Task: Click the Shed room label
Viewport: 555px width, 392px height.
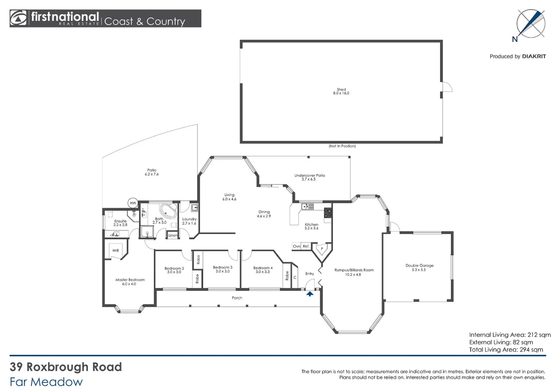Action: (341, 89)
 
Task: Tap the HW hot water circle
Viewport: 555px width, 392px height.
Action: (133, 203)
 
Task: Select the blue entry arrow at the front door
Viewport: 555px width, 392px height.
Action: (310, 294)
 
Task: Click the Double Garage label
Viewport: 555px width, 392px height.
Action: (419, 266)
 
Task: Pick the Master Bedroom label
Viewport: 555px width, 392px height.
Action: (130, 280)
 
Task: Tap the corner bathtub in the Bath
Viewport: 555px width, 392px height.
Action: (168, 210)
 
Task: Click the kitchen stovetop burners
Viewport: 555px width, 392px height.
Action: (328, 212)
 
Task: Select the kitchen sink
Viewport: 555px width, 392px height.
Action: (307, 207)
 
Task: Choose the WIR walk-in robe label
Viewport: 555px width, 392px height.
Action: (116, 250)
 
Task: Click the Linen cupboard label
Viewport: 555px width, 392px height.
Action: (173, 235)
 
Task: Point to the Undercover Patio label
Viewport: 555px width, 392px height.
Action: (310, 176)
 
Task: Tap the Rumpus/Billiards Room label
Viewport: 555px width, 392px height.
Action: (354, 270)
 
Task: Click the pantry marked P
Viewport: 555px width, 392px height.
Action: (322, 249)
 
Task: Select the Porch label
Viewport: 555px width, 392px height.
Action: (237, 298)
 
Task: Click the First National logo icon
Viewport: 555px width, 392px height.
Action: (19, 18)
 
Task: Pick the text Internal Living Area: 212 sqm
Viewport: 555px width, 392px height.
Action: (510, 335)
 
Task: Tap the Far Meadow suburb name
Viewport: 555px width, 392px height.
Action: (46, 382)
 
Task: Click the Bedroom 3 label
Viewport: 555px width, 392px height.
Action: (222, 268)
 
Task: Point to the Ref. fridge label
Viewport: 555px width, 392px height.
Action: (306, 246)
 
